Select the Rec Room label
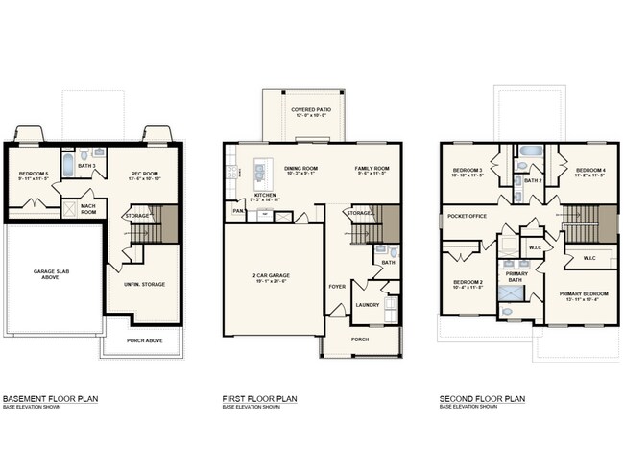point(144,174)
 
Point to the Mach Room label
point(87,207)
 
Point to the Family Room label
point(370,168)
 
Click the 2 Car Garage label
point(272,275)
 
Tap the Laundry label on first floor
point(367,305)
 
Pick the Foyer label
point(336,286)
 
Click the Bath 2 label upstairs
point(534,179)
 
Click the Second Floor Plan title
point(482,398)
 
